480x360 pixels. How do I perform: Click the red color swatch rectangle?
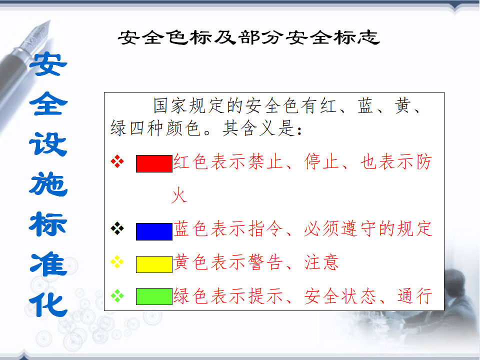(x=154, y=163)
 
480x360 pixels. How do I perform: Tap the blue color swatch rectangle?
(x=154, y=231)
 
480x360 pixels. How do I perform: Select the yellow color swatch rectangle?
(x=154, y=264)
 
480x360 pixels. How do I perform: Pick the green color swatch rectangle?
(x=154, y=296)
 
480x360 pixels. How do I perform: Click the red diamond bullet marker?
(x=117, y=161)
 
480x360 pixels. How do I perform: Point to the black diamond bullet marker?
(x=117, y=228)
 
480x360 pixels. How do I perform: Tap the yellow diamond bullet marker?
(x=117, y=261)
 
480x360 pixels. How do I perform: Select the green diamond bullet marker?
(x=117, y=295)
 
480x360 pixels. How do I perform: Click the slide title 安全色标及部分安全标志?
(x=249, y=37)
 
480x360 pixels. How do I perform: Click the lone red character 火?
(x=179, y=195)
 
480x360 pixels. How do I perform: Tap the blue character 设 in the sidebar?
(x=48, y=144)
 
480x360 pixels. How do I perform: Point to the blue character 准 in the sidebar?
(x=48, y=263)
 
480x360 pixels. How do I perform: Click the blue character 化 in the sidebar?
(x=48, y=305)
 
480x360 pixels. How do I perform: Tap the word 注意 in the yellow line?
(x=321, y=262)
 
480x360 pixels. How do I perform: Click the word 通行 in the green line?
(x=415, y=296)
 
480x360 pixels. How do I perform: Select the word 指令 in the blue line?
(x=265, y=228)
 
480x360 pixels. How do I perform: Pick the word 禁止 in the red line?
(x=265, y=161)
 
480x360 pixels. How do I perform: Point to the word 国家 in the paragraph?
(x=171, y=105)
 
